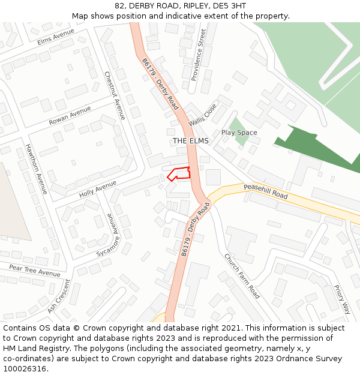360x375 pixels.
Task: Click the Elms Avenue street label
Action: pos(55,36)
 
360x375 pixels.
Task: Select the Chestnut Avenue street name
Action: pos(115,95)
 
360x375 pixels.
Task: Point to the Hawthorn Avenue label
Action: pos(36,169)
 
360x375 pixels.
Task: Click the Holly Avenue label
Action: pos(98,190)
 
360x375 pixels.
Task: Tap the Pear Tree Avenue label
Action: pos(35,269)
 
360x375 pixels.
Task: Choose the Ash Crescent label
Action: pos(59,296)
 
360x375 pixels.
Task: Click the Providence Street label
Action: pos(198,55)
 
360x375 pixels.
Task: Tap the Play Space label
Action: pos(239,133)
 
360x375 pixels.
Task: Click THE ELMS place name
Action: pos(191,140)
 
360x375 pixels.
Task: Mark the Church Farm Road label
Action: pos(242,276)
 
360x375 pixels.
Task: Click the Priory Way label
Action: pos(342,299)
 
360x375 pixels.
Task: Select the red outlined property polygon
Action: pos(180,173)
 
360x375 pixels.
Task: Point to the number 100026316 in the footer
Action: pos(24,368)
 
